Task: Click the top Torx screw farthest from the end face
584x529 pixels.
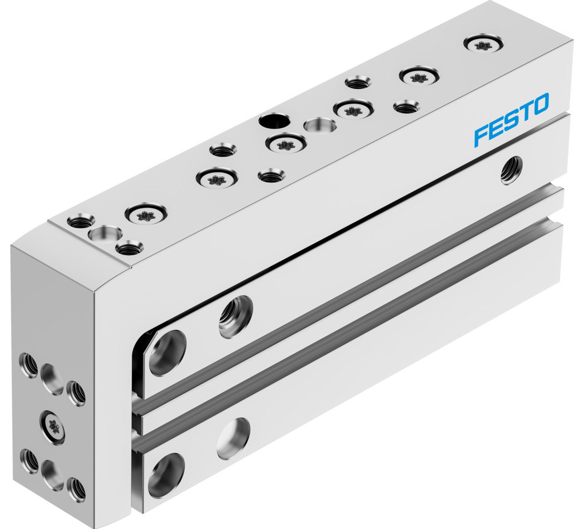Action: pyautogui.click(x=483, y=43)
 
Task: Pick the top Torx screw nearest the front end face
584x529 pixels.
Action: pyautogui.click(x=146, y=215)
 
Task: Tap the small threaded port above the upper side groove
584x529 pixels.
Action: pyautogui.click(x=235, y=314)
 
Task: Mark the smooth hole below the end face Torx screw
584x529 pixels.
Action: pyautogui.click(x=53, y=473)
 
